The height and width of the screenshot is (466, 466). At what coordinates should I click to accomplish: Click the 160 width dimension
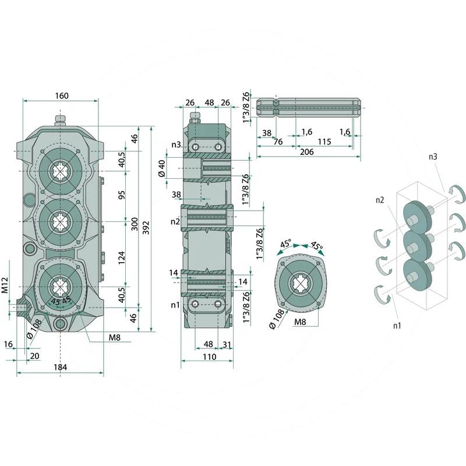click(62, 96)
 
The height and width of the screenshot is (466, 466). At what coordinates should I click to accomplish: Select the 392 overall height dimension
click(146, 228)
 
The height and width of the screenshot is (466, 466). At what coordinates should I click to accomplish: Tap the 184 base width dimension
click(61, 368)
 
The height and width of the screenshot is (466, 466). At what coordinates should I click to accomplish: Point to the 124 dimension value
click(122, 258)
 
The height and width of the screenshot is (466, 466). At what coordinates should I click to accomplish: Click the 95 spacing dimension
click(122, 195)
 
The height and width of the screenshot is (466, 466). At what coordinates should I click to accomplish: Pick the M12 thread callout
click(5, 285)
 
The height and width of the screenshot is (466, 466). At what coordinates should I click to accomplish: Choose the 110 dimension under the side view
click(209, 356)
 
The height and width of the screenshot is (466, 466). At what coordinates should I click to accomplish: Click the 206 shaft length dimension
click(306, 152)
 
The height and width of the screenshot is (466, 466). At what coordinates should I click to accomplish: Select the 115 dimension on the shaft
click(324, 142)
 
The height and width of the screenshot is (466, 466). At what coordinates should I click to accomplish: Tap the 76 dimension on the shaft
click(278, 142)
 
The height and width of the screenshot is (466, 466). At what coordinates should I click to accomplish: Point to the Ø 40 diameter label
click(162, 168)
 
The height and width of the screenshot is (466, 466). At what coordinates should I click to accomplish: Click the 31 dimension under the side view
click(227, 344)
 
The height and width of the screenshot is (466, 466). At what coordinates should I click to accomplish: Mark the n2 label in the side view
click(175, 221)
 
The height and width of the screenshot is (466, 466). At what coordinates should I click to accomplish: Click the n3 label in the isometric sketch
click(433, 157)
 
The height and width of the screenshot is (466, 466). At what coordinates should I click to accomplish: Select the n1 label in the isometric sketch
click(397, 326)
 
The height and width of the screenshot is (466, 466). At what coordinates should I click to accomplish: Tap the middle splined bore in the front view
click(61, 221)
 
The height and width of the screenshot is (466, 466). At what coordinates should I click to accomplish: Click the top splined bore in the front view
click(61, 171)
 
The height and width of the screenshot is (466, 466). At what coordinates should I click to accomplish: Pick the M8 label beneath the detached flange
click(300, 322)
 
